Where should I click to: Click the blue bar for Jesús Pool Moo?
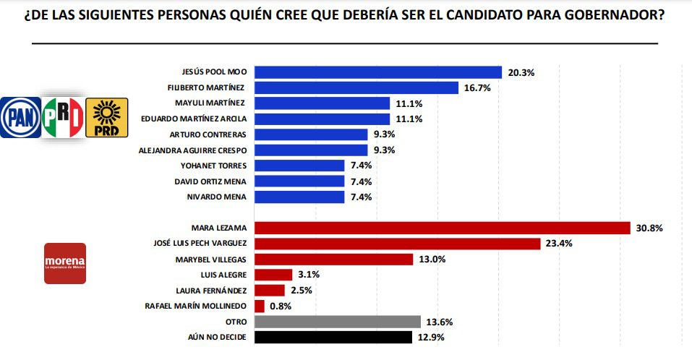(378, 72)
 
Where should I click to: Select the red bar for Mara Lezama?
(443, 228)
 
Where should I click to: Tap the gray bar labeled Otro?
(338, 322)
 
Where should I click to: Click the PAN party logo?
(21, 117)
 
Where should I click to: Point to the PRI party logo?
(63, 117)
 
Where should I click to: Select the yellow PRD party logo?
(106, 117)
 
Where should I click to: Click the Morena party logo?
(65, 263)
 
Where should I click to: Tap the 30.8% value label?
(650, 228)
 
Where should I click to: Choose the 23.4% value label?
(560, 244)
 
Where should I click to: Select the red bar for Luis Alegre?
(273, 275)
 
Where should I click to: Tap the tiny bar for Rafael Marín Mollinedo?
(260, 306)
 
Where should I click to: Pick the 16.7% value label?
(477, 88)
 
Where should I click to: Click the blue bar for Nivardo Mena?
(299, 197)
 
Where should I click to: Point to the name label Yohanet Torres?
(219, 166)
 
